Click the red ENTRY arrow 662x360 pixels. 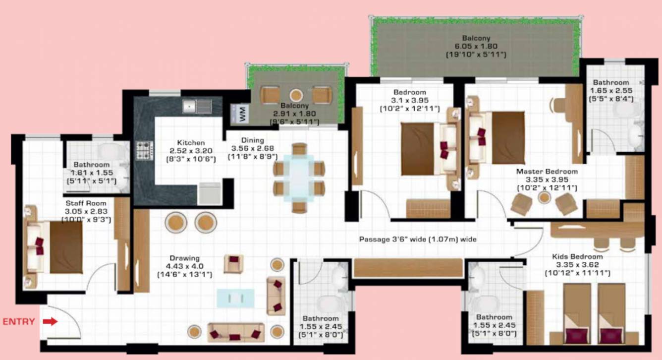(x=50, y=322)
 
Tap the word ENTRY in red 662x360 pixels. (x=19, y=322)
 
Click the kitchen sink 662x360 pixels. (x=197, y=106)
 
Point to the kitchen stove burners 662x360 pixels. (x=145, y=150)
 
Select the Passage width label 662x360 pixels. (x=417, y=240)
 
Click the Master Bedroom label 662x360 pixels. (x=547, y=172)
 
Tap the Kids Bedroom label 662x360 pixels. (x=577, y=257)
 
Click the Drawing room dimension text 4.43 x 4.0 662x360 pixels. (x=184, y=266)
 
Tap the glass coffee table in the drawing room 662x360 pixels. (x=235, y=298)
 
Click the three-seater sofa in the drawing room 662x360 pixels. (x=236, y=332)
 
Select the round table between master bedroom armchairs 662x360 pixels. (x=545, y=198)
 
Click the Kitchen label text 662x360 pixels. (x=184, y=143)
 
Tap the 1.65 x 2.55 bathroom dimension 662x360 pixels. (x=611, y=91)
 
